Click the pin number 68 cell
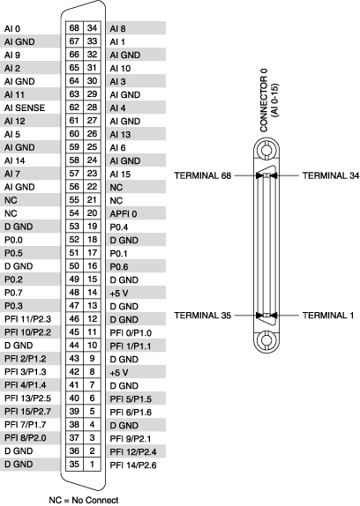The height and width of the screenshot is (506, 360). pyautogui.click(x=74, y=28)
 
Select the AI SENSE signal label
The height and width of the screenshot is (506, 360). pyautogui.click(x=25, y=108)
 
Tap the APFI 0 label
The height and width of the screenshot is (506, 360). pyautogui.click(x=123, y=213)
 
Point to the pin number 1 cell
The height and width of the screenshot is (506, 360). pyautogui.click(x=92, y=464)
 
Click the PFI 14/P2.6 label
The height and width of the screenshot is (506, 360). pyautogui.click(x=133, y=465)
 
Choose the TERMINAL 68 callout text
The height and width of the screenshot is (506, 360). pyautogui.click(x=203, y=175)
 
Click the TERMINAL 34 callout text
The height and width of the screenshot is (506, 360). pyautogui.click(x=331, y=175)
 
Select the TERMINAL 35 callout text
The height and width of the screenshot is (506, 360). pyautogui.click(x=203, y=316)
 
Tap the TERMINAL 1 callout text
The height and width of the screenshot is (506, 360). pyautogui.click(x=328, y=316)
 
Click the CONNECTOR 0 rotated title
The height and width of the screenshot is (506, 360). pyautogui.click(x=264, y=100)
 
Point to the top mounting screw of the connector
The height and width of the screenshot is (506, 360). pyautogui.click(x=266, y=150)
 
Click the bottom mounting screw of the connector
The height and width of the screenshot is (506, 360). pyautogui.click(x=266, y=340)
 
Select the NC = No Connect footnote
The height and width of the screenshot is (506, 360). pyautogui.click(x=84, y=500)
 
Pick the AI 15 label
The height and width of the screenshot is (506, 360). pyautogui.click(x=120, y=175)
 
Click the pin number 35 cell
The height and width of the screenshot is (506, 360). pyautogui.click(x=74, y=464)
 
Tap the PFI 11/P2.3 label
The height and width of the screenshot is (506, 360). pyautogui.click(x=27, y=319)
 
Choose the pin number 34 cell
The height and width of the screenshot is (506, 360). pyautogui.click(x=92, y=28)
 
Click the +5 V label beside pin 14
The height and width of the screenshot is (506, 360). pyautogui.click(x=119, y=293)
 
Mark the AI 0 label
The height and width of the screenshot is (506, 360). pyautogui.click(x=12, y=29)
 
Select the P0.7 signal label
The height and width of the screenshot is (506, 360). pyautogui.click(x=13, y=293)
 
